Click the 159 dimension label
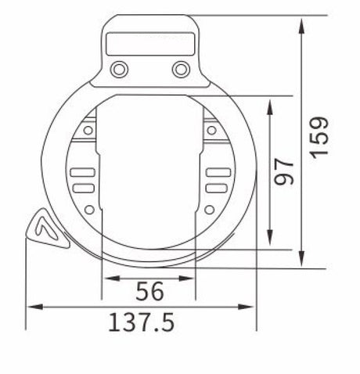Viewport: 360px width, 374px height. click(x=319, y=138)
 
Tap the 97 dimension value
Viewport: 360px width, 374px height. click(x=284, y=171)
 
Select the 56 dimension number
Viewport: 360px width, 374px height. click(x=149, y=291)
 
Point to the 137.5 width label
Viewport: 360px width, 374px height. click(x=141, y=322)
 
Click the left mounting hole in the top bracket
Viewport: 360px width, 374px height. click(x=119, y=70)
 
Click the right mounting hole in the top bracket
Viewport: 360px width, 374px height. click(x=181, y=70)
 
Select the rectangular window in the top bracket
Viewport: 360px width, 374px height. click(x=150, y=44)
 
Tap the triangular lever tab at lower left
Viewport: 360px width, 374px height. click(x=48, y=229)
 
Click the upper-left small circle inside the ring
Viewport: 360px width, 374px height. click(x=88, y=130)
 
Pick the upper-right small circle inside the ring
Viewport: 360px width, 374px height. click(x=211, y=130)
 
